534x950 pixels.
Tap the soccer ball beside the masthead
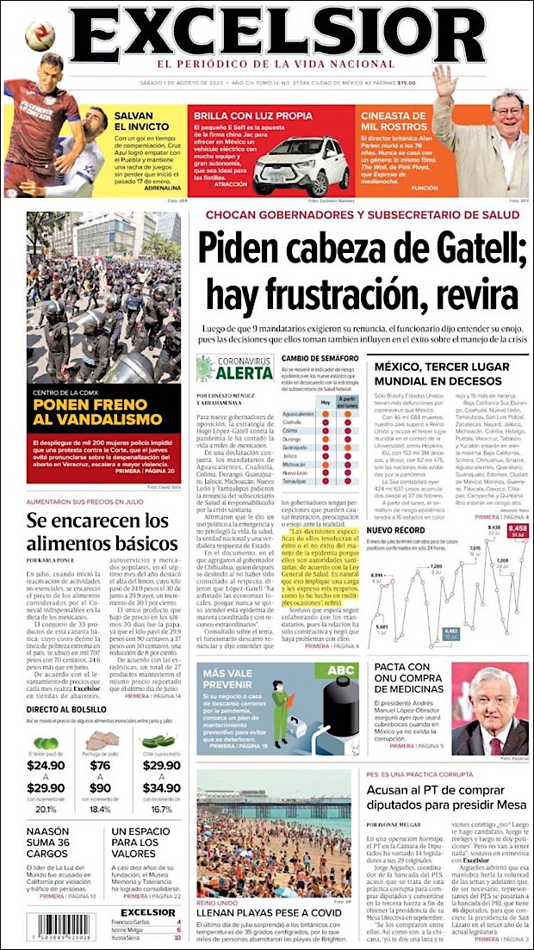[x=39, y=36]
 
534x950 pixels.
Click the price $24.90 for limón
[x=46, y=764]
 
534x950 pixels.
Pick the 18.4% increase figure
[x=100, y=809]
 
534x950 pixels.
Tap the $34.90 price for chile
[x=160, y=787]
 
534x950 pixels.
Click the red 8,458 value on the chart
[x=517, y=528]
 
